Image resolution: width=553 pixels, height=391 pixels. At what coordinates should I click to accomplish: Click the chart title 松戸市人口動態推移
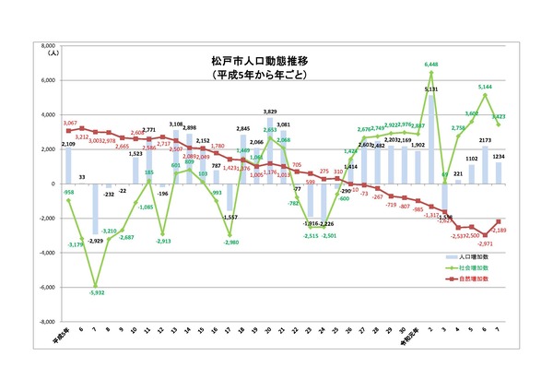coord(257,60)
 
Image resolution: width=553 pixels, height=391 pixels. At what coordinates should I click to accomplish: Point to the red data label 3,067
coord(68,124)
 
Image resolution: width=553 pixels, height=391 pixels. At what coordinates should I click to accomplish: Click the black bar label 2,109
coord(68,145)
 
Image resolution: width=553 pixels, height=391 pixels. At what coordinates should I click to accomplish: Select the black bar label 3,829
coord(269,112)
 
